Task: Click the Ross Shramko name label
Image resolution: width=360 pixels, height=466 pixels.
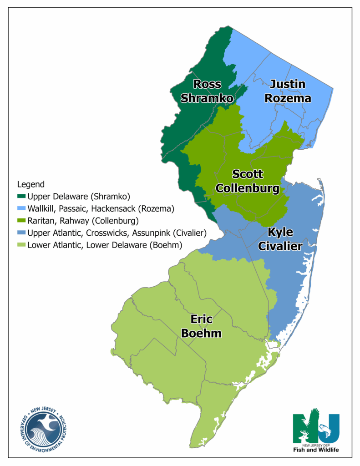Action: (x=207, y=91)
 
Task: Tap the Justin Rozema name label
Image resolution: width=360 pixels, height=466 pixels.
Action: (x=290, y=91)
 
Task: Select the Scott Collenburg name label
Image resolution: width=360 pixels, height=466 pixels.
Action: (x=247, y=181)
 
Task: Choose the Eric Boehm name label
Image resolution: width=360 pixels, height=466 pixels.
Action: (x=201, y=326)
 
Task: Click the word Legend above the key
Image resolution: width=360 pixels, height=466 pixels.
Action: (x=30, y=184)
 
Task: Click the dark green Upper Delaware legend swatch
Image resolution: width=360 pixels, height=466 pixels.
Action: (x=21, y=197)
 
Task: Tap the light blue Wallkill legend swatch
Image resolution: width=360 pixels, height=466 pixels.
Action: (x=21, y=209)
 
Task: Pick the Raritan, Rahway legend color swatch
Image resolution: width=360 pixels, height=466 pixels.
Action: (x=21, y=221)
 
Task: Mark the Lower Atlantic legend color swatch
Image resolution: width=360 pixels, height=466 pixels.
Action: (x=21, y=245)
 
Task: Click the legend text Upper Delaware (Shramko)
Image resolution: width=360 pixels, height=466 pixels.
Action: (x=79, y=197)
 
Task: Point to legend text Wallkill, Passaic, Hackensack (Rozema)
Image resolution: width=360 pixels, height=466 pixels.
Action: (x=101, y=209)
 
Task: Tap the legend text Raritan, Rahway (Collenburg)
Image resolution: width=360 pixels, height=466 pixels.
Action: (x=83, y=221)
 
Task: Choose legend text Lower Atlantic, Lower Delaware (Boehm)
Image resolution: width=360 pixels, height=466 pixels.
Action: (x=105, y=245)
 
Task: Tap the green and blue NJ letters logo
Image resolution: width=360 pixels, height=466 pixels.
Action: (x=316, y=427)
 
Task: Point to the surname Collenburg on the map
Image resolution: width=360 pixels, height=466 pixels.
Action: (x=247, y=188)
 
